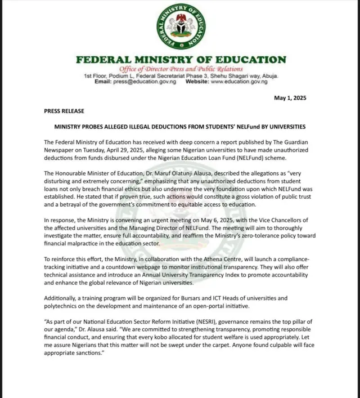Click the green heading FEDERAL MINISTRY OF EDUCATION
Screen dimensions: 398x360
point(181,59)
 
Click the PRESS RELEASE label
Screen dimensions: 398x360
point(64,111)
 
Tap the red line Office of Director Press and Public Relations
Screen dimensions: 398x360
point(181,69)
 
